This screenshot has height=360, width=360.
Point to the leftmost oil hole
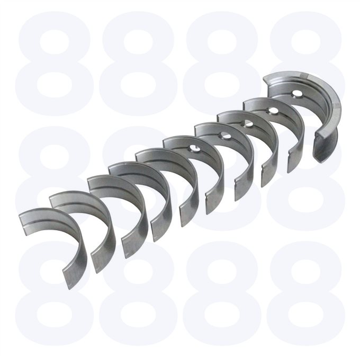(x=194, y=150)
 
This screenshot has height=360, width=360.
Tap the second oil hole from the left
(x=225, y=136)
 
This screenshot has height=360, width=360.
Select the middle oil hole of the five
(x=248, y=124)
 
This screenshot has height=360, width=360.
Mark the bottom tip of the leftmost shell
(x=69, y=289)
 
